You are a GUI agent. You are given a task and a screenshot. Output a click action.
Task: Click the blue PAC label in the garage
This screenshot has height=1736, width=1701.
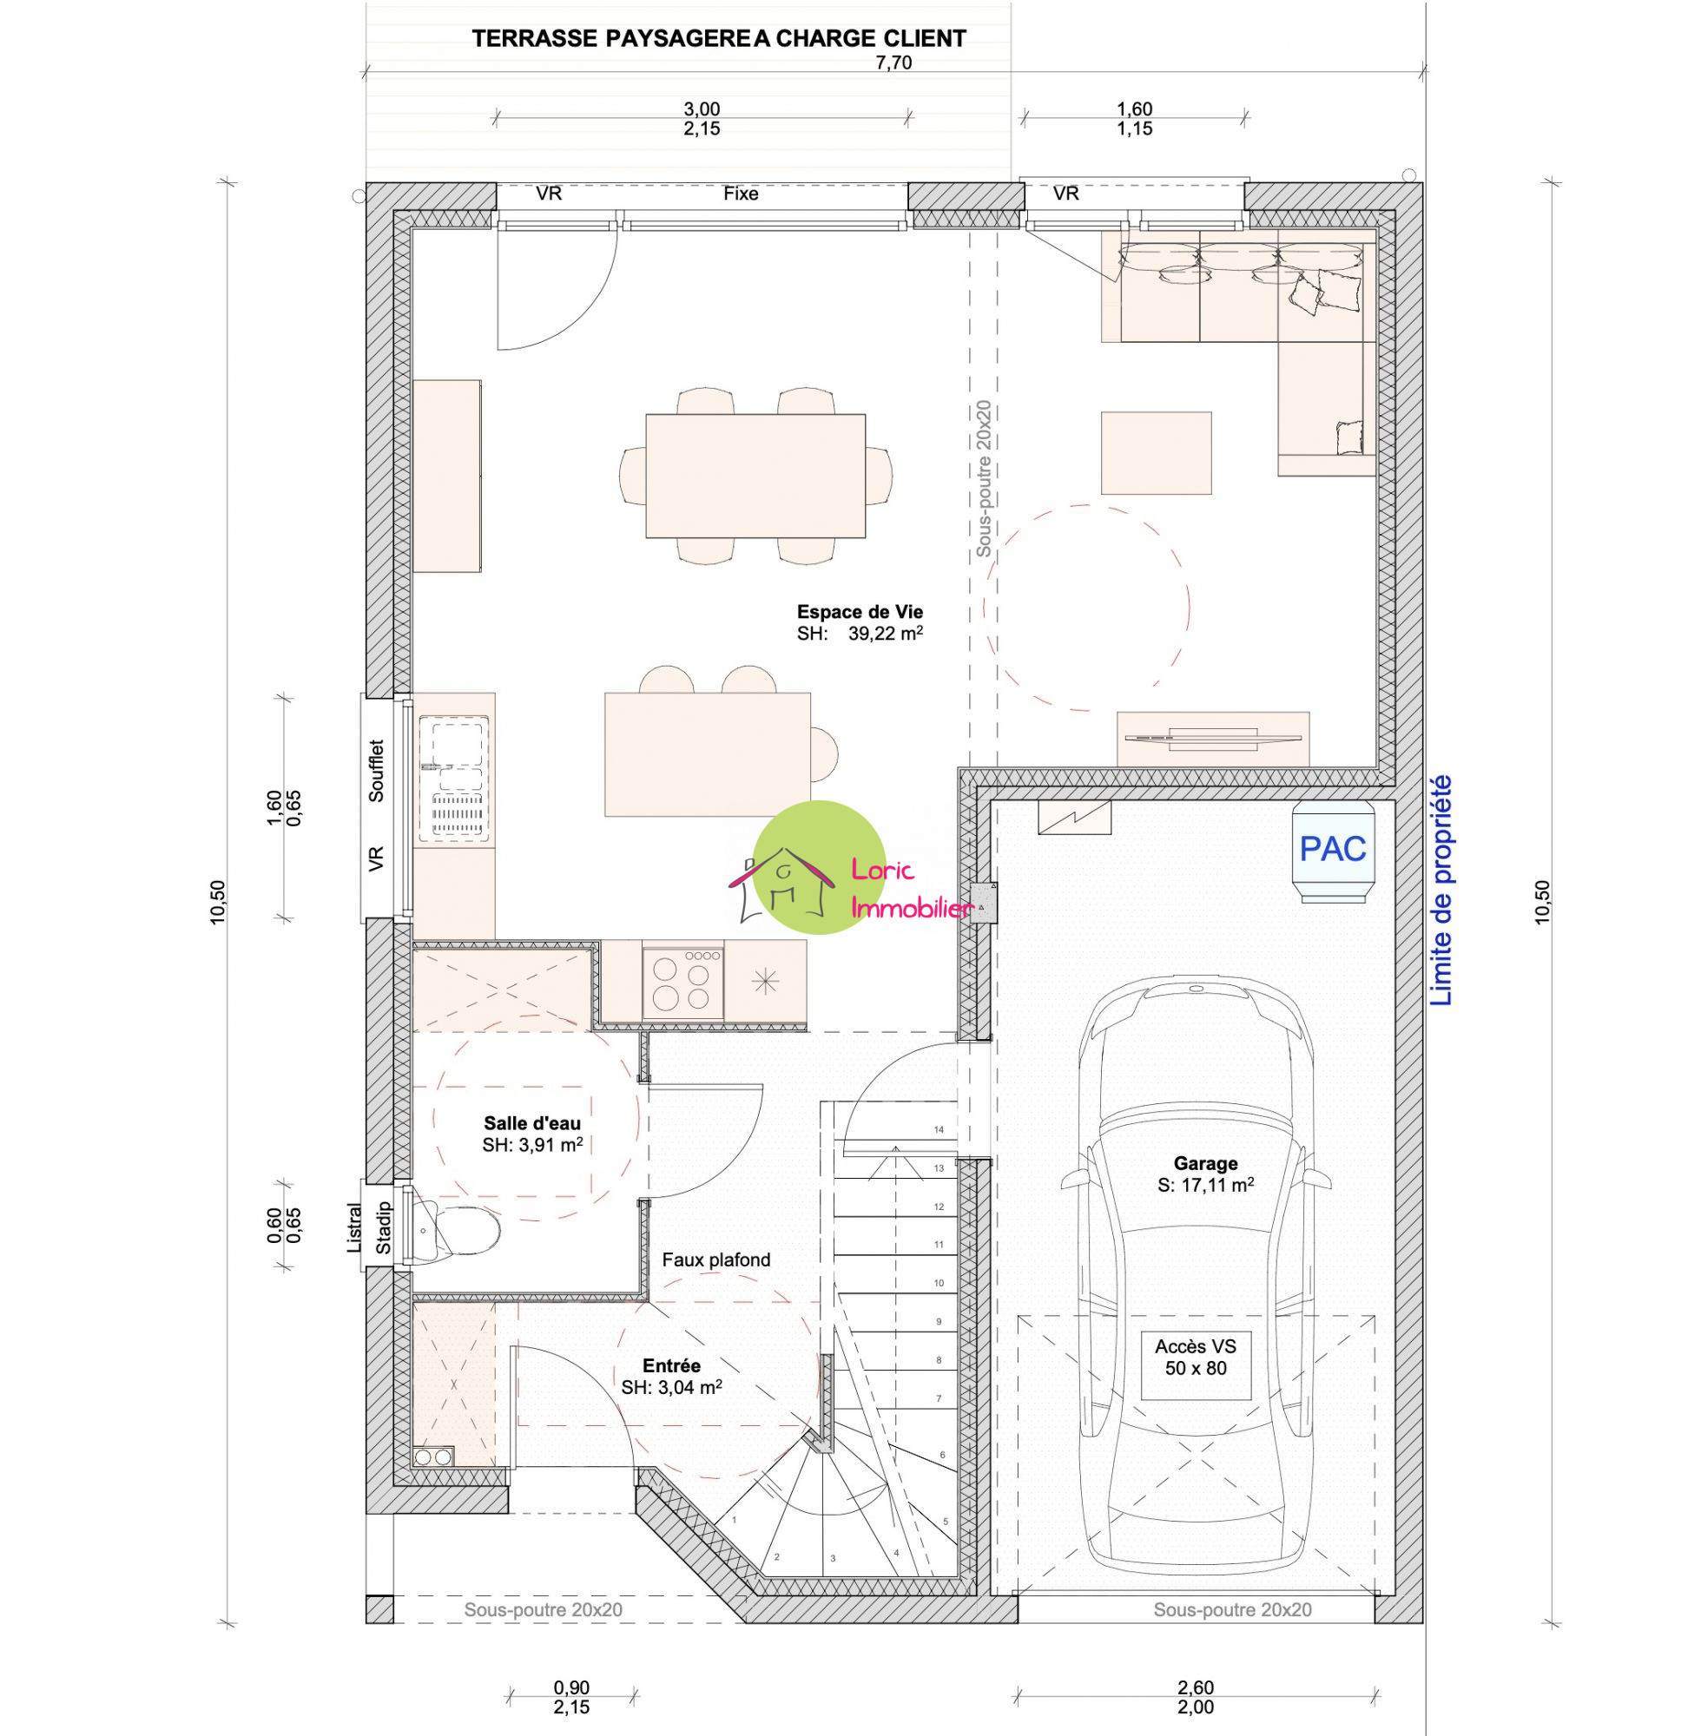click(x=1332, y=848)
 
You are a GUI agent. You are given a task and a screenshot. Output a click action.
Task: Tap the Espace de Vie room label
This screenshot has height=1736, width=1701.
click(x=860, y=612)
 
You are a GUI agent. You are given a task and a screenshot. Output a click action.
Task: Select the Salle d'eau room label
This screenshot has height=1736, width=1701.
click(x=531, y=1123)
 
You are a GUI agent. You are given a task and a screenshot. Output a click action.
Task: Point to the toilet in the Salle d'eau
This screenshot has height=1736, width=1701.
click(x=455, y=1231)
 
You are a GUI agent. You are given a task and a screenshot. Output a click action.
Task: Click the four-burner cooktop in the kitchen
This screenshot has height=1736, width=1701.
click(x=682, y=983)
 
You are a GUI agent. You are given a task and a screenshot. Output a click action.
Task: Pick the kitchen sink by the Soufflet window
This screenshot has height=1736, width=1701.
click(x=455, y=777)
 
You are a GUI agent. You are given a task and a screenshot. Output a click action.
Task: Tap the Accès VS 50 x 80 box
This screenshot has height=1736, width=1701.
click(x=1196, y=1357)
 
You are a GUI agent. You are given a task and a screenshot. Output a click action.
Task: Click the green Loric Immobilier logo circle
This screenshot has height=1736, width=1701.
click(x=819, y=867)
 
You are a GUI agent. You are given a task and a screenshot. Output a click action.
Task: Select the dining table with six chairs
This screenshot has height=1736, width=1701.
click(x=755, y=475)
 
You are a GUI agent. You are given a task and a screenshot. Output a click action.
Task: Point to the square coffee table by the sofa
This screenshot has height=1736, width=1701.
click(x=1156, y=453)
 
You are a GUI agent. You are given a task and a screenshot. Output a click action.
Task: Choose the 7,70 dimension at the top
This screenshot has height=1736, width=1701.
click(x=893, y=62)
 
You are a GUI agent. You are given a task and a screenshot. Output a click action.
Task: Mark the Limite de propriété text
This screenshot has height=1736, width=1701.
click(x=1442, y=891)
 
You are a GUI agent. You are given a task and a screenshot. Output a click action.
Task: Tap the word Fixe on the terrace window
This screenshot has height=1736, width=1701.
click(x=741, y=194)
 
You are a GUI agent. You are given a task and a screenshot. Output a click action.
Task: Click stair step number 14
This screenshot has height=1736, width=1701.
click(x=939, y=1129)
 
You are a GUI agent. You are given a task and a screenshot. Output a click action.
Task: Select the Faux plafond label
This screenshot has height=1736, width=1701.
click(x=715, y=1260)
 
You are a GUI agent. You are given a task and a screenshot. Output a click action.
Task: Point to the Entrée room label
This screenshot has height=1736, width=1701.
click(x=672, y=1365)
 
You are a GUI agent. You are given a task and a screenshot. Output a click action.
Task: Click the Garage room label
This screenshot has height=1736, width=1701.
click(x=1205, y=1163)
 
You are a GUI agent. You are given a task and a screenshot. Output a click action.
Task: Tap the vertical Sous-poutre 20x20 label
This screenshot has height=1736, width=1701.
click(x=984, y=478)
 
